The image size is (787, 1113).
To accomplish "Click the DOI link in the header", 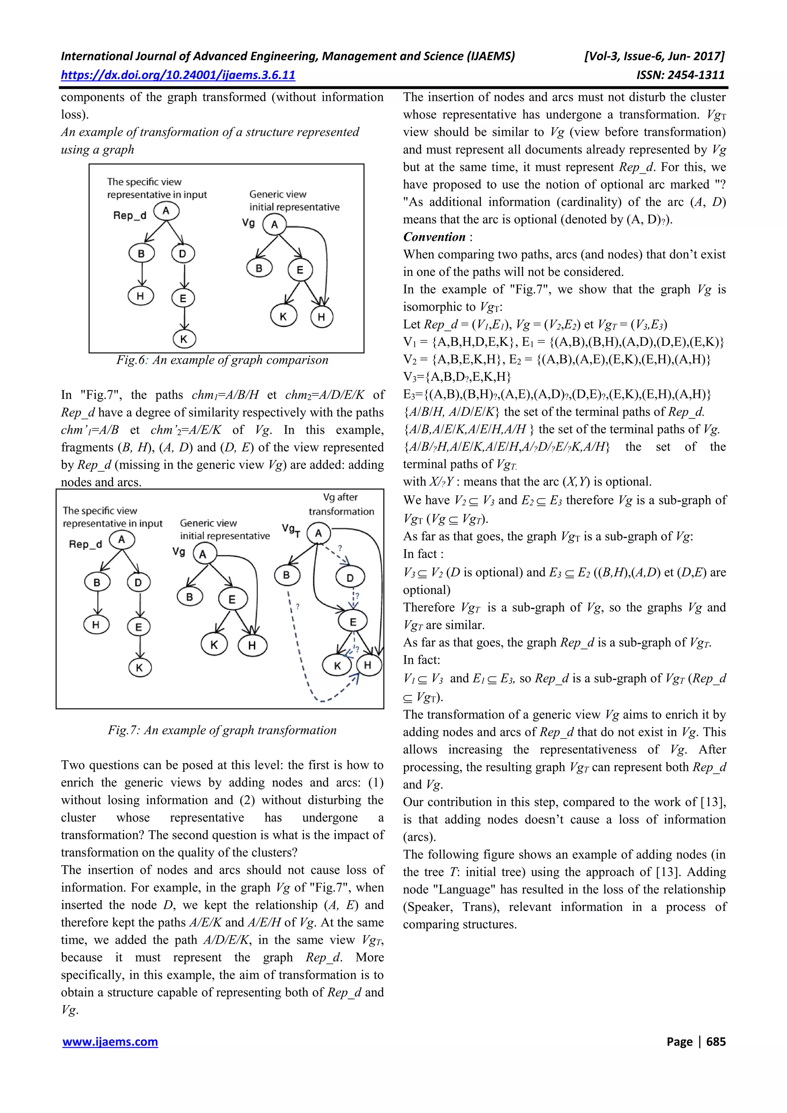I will tap(178, 75).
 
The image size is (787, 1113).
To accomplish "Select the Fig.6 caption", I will tap(222, 360).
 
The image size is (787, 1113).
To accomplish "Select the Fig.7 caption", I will tap(222, 730).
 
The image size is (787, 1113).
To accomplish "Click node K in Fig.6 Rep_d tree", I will tap(184, 339).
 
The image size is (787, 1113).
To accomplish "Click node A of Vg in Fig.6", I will tap(274, 224).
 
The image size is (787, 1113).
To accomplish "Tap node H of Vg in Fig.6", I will tap(321, 317).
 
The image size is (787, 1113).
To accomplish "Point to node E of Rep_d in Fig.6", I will tap(183, 298).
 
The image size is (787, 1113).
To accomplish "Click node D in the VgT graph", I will tap(350, 577).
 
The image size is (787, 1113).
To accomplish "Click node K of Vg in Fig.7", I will tap(214, 645).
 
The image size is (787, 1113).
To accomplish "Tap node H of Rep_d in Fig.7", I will tap(96, 624).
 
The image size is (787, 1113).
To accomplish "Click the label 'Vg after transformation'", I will tap(341, 504).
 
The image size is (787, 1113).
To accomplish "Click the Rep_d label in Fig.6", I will tap(130, 215).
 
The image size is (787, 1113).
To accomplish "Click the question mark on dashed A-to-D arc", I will tap(340, 548).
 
